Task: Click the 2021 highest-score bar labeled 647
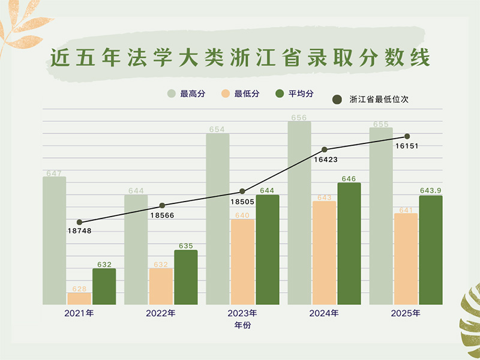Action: click(54, 240)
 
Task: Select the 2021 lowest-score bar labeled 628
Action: click(79, 298)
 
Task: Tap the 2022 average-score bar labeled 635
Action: click(186, 277)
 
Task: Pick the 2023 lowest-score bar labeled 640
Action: click(242, 262)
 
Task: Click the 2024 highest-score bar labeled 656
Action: click(299, 213)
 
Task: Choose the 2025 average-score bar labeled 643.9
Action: click(431, 250)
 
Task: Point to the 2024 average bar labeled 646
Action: click(349, 243)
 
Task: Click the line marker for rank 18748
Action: click(79, 222)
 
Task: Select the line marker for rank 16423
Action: click(325, 149)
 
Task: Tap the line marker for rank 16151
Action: click(407, 136)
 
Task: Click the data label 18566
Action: click(163, 215)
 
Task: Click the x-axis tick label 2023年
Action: click(242, 313)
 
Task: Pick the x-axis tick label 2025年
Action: click(406, 313)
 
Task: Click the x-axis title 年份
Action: click(242, 325)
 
